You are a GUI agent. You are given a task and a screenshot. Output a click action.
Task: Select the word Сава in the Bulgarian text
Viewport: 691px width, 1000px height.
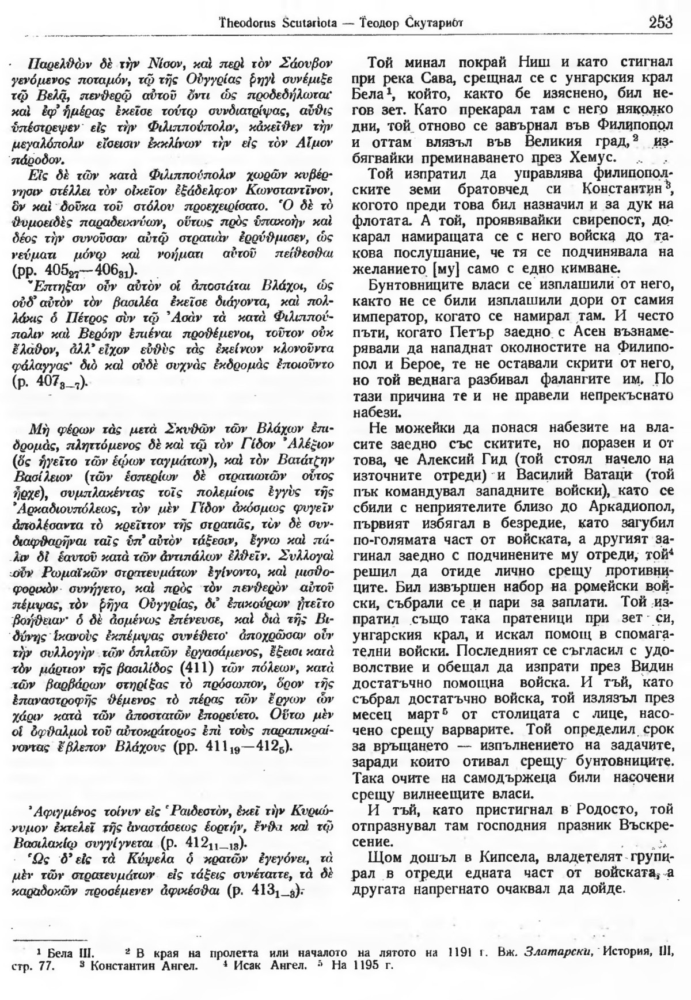click(419, 74)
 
